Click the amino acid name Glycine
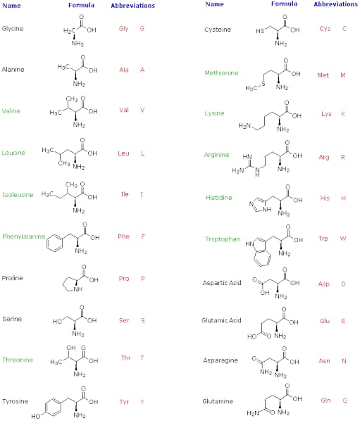[13, 29]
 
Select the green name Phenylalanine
[24, 237]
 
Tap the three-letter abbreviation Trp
[323, 239]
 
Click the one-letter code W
[343, 239]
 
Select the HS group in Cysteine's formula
[260, 31]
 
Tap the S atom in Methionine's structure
[263, 84]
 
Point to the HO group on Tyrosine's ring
[36, 417]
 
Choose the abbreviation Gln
[325, 400]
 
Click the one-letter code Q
[345, 400]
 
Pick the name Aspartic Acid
[222, 283]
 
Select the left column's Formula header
[81, 5]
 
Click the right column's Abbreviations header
[335, 4]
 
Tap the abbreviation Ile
[125, 194]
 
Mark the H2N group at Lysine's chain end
[244, 126]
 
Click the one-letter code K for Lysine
[343, 113]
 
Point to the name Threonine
[18, 360]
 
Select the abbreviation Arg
[324, 157]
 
